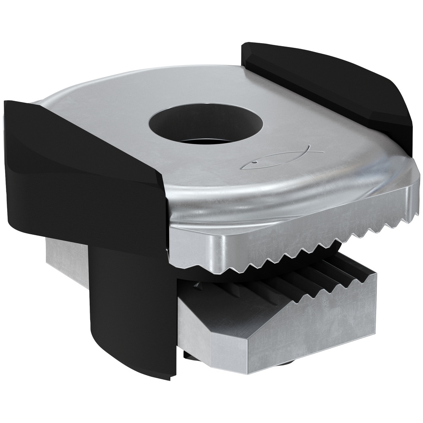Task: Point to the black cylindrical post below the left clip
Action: pos(127,305)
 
